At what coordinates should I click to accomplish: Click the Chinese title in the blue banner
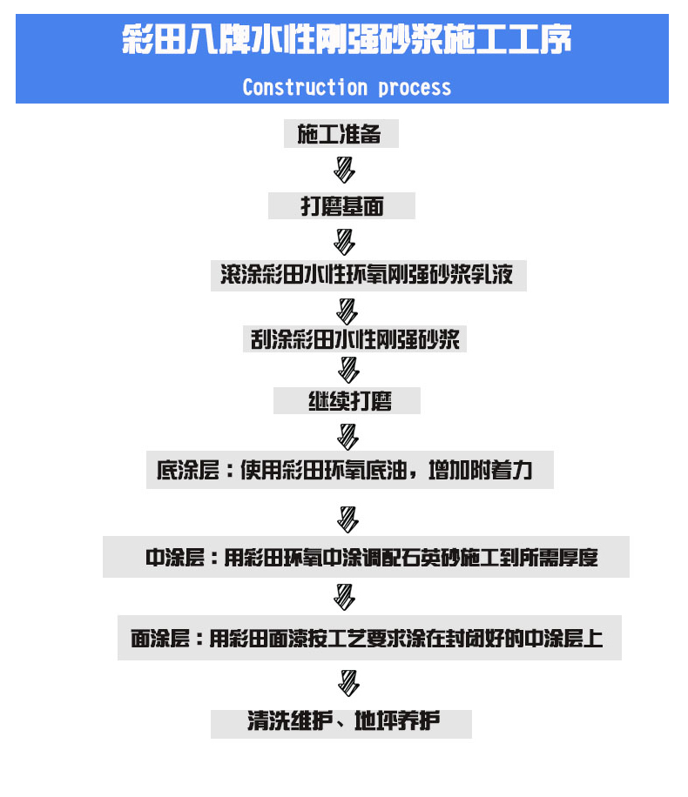(x=347, y=38)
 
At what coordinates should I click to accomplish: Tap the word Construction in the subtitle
(x=305, y=87)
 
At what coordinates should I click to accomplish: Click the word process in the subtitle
(x=415, y=89)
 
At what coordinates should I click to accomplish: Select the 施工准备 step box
(x=341, y=134)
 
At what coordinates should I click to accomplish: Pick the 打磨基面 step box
(x=341, y=206)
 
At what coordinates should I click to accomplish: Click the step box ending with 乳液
(x=368, y=276)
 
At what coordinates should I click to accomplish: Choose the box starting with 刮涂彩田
(x=354, y=339)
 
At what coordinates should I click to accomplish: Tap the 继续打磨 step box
(x=347, y=400)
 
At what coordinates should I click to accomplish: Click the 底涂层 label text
(x=188, y=470)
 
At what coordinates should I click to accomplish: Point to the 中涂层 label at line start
(x=175, y=558)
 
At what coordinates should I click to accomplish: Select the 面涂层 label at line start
(x=160, y=639)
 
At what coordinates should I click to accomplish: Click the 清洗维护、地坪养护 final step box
(x=341, y=724)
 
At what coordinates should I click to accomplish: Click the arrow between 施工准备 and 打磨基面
(x=344, y=170)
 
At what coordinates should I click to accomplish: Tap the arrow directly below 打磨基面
(x=344, y=242)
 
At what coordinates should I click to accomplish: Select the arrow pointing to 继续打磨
(x=348, y=370)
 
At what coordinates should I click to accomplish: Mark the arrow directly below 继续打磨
(x=347, y=437)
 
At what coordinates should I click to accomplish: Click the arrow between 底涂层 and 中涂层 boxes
(x=347, y=519)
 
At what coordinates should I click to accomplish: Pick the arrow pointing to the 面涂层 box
(x=344, y=597)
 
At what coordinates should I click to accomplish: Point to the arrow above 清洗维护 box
(x=348, y=683)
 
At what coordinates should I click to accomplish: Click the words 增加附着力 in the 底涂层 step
(x=481, y=470)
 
